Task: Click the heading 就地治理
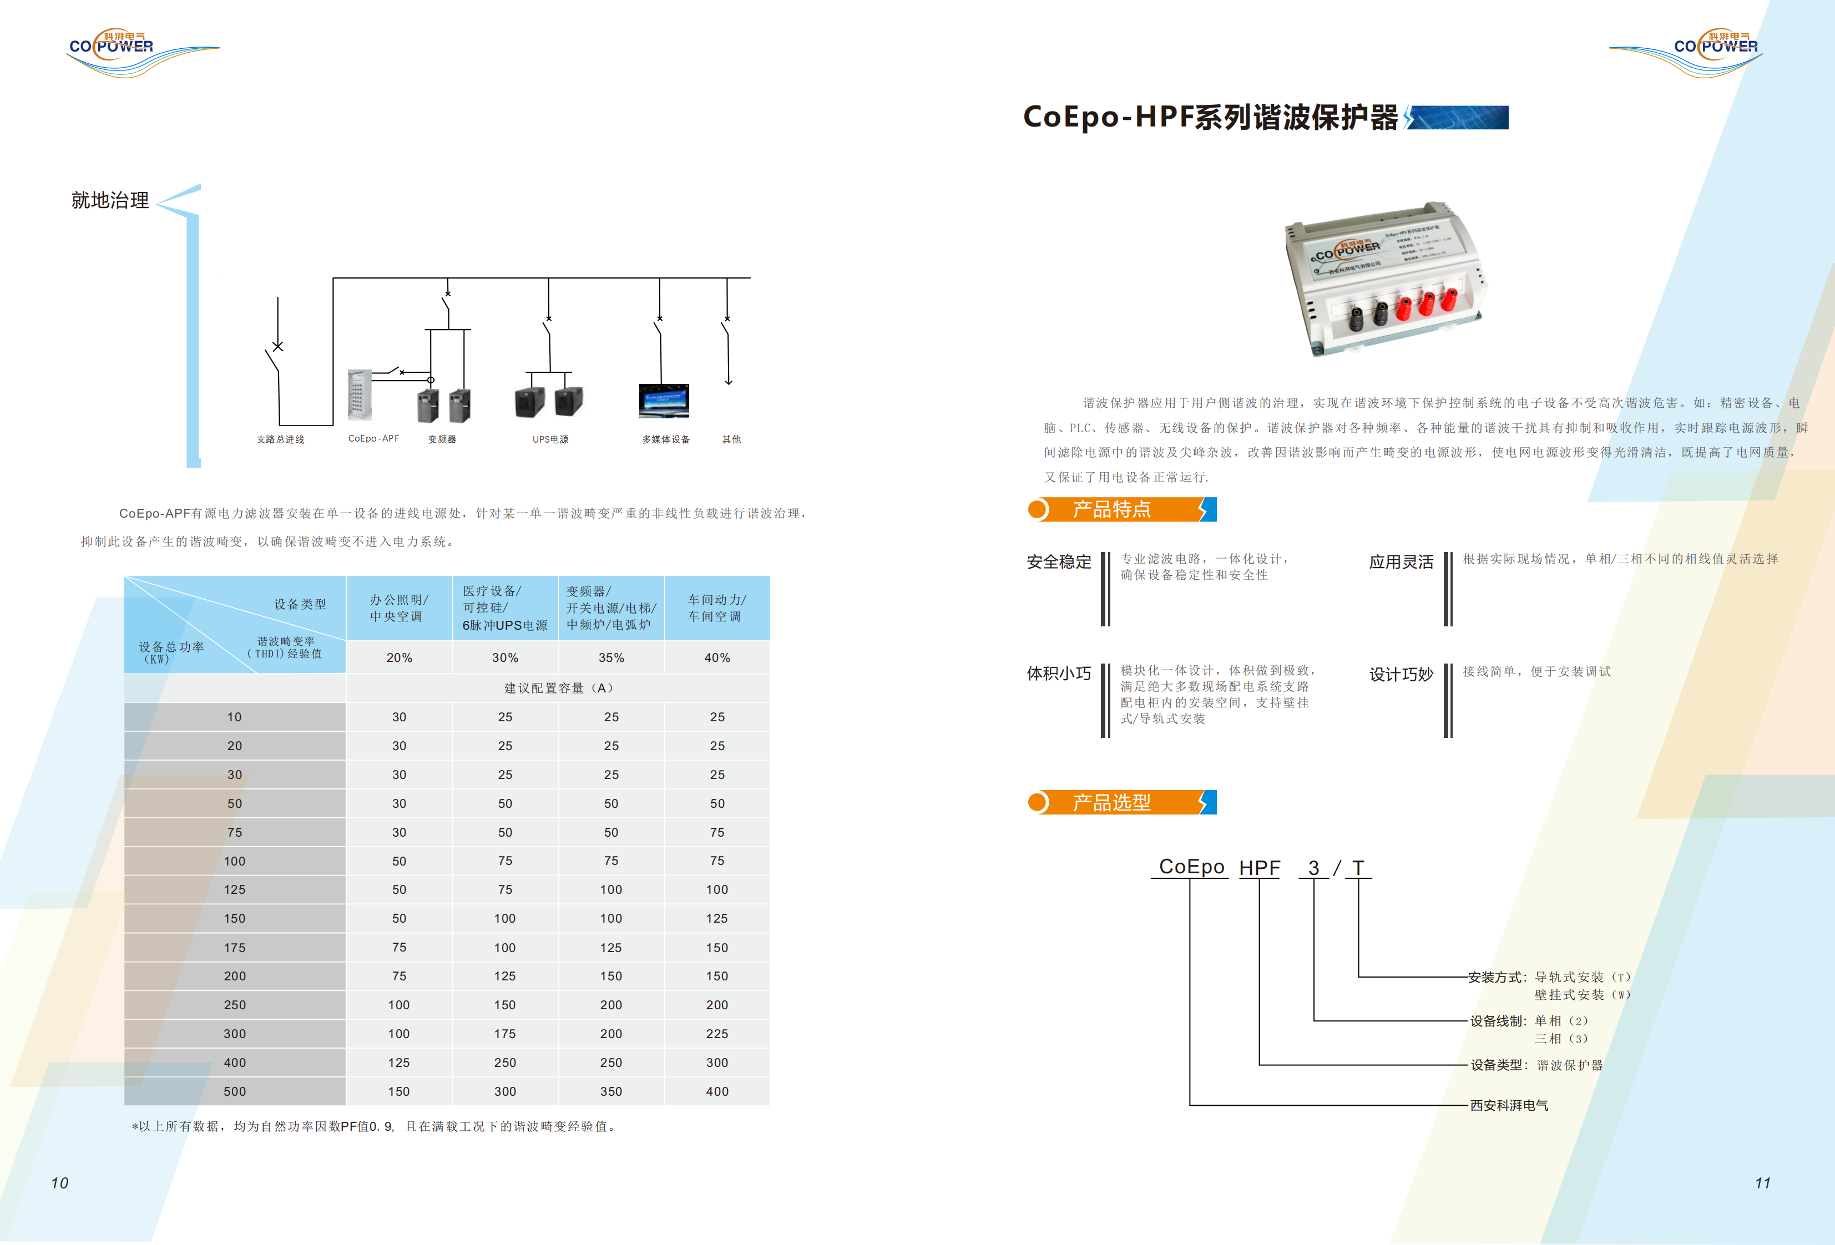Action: (110, 200)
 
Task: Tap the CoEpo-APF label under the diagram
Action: (373, 439)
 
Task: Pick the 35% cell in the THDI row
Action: (611, 657)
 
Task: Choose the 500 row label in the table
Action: (235, 1092)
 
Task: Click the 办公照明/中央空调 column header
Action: (399, 608)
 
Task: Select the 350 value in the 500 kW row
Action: (611, 1092)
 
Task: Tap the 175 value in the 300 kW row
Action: (505, 1034)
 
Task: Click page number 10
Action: (60, 1183)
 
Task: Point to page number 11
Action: (1762, 1183)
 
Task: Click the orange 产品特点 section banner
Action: (1121, 510)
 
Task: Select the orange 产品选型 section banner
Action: (1121, 803)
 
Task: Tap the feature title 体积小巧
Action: (1059, 674)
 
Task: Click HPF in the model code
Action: (1260, 868)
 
